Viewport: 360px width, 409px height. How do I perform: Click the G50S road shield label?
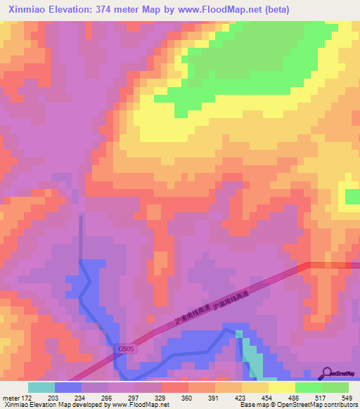(126, 349)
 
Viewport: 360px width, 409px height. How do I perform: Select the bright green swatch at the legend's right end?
(335, 387)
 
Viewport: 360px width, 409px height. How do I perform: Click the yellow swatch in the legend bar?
(281, 387)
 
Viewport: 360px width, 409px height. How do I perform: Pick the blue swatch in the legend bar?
(67, 387)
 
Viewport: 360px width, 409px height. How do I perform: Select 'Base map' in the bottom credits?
(254, 404)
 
